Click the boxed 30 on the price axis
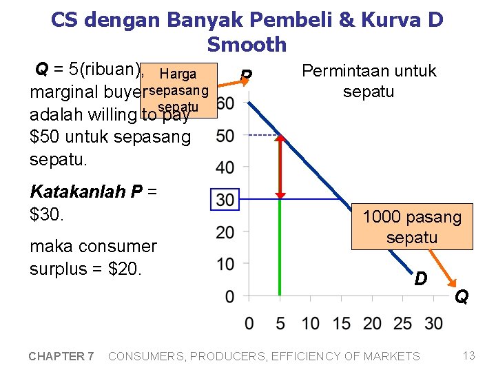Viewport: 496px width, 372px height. click(224, 200)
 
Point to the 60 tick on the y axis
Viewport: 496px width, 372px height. click(225, 104)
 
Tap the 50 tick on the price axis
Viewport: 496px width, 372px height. click(225, 136)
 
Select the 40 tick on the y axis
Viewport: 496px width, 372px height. click(225, 167)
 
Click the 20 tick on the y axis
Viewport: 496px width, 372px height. click(225, 232)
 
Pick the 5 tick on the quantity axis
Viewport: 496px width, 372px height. click(280, 323)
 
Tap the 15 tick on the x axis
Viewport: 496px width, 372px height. click(341, 323)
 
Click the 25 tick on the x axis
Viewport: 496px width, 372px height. click(403, 323)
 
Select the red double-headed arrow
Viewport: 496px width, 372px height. click(280, 166)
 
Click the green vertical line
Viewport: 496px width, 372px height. click(280, 248)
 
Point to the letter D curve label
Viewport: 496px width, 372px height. click(420, 279)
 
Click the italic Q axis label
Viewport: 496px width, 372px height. click(461, 297)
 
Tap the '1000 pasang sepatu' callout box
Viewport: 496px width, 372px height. click(412, 227)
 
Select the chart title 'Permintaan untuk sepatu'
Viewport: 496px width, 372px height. click(369, 81)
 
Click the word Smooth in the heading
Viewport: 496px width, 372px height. click(247, 45)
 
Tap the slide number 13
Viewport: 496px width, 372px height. click(469, 355)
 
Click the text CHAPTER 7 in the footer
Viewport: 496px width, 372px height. click(61, 356)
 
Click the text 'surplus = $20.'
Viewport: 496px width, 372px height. click(85, 268)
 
